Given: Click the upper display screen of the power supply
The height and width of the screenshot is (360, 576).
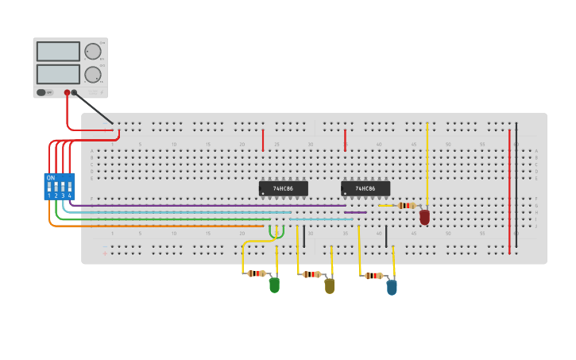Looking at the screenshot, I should tap(58, 51).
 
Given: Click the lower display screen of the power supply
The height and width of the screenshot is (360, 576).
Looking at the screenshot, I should tap(58, 74).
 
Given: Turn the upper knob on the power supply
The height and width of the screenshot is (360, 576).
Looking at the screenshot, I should tap(93, 51).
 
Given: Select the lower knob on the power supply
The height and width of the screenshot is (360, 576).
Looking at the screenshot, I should tap(93, 75).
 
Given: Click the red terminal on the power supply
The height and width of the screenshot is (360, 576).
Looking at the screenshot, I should tap(67, 93).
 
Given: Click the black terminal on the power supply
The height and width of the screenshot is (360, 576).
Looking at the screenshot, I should tap(75, 93).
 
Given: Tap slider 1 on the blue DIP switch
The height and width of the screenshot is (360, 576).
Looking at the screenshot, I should tap(49, 188).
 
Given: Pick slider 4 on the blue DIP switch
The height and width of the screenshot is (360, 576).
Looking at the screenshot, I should tap(70, 188).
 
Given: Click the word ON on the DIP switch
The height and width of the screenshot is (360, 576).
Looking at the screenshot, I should tap(51, 177).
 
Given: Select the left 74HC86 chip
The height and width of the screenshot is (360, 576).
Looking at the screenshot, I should tap(283, 188).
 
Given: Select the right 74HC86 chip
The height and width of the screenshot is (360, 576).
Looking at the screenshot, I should tap(365, 188).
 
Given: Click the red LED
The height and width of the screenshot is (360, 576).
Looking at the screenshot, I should tap(424, 216).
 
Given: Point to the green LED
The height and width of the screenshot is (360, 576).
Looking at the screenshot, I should tap(274, 285).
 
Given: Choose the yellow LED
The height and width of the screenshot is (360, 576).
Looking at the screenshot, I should tap(330, 285).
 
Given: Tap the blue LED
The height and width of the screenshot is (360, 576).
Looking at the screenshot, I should tap(392, 287).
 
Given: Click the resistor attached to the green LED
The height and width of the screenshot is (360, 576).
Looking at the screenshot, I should tap(256, 273).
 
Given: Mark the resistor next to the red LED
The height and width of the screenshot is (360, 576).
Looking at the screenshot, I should tap(407, 206).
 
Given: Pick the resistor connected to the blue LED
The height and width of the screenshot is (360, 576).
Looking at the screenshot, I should tap(373, 276).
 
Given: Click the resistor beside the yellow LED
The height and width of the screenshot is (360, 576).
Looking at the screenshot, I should tap(311, 274).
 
